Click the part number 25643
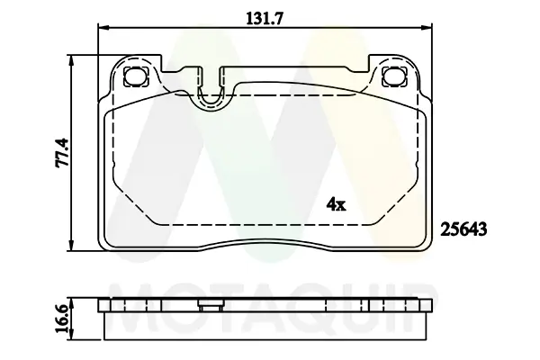coord(463,229)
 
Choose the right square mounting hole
coord(392,76)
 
